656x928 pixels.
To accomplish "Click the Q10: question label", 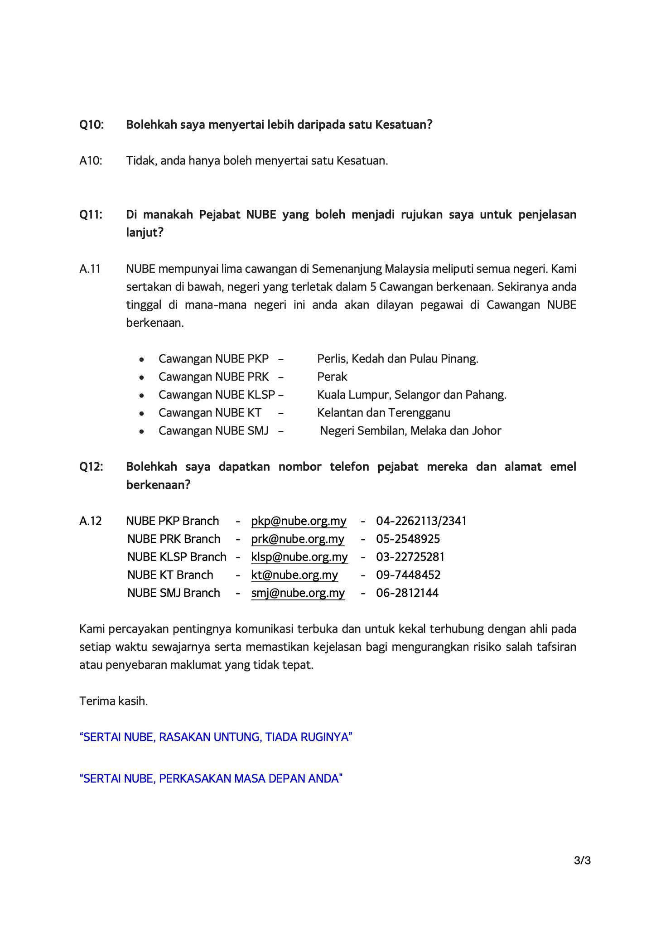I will pos(92,125).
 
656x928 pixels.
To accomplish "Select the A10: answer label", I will pos(91,161).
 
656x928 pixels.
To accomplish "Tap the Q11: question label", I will pos(91,214).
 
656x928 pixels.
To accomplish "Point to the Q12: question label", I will pos(91,467).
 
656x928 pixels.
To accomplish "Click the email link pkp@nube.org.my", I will pos(299,521).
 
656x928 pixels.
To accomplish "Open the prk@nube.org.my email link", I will pos(298,539).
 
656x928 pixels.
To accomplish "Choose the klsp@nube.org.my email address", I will pos(299,557).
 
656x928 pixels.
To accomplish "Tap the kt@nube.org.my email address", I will pos(294,575).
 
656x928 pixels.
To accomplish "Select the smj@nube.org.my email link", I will pos(298,593).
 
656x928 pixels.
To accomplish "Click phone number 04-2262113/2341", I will pos(421,521).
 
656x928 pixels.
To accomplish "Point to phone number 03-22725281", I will pos(410,557).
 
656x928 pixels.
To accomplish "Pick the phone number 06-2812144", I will pos(407,593).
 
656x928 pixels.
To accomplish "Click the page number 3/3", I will pos(582,860).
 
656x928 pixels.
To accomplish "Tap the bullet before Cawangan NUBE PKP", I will pos(142,359).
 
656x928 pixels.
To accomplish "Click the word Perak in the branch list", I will pos(332,377).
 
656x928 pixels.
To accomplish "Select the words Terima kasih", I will pos(114,701).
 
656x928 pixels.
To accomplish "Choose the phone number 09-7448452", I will pos(408,575).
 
